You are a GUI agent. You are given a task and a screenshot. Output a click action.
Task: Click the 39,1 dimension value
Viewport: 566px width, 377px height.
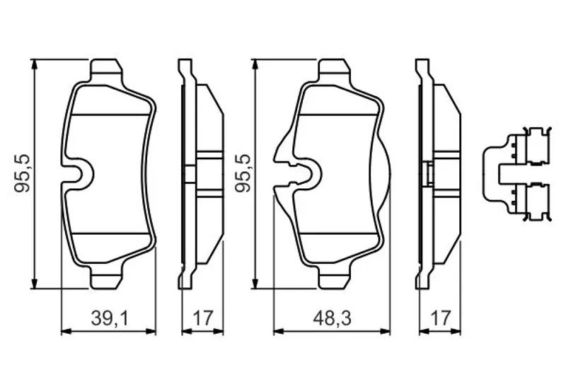pos(110,318)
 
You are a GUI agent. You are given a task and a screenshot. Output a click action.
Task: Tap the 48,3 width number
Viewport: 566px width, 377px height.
pos(332,318)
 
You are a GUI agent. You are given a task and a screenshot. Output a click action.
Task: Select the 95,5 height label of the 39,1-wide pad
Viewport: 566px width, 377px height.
pos(23,173)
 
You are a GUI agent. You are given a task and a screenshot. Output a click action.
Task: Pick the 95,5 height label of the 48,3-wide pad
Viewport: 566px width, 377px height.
pos(243,173)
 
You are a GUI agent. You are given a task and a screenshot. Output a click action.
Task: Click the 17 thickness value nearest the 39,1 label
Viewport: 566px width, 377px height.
pos(202,318)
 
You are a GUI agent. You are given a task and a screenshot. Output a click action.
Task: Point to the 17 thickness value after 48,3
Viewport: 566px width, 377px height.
pos(441,318)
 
